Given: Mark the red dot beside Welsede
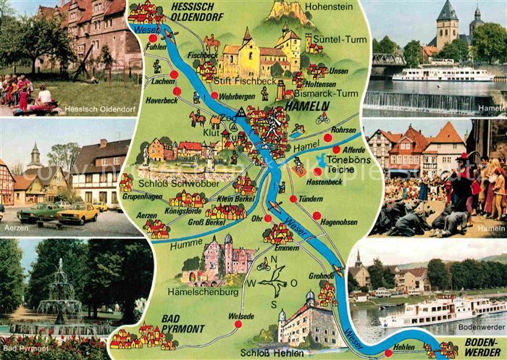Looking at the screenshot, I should point(237,324).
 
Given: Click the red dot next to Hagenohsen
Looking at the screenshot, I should point(317,214).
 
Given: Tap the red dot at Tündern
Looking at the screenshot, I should point(293,198).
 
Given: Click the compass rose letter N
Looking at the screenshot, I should point(274,259).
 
